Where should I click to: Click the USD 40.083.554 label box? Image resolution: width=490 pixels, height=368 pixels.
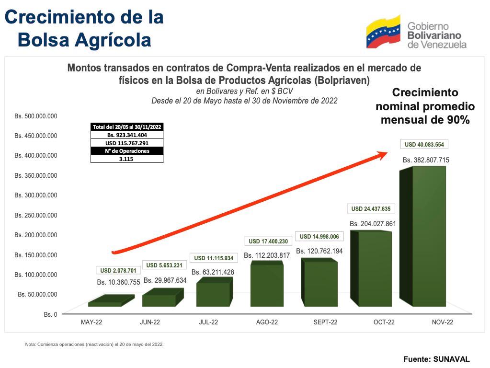pos(424,144)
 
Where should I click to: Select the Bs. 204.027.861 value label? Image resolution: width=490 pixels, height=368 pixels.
pos(373,224)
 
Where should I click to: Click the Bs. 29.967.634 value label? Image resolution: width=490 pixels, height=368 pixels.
pos(165,280)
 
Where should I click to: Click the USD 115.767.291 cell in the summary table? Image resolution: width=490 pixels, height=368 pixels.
pos(127,143)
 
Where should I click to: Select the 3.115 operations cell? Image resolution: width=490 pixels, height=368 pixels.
pos(127,159)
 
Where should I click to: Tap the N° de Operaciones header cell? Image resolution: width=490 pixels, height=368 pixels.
pos(127,151)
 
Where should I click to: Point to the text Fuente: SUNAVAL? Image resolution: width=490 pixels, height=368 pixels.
pos(436,358)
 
